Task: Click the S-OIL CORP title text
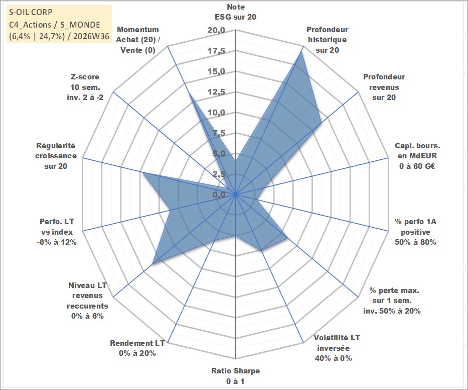tap(31, 12)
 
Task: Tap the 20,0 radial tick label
tap(216, 31)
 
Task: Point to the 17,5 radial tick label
tap(216, 51)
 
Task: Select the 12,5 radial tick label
tap(216, 92)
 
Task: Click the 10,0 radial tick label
tap(216, 113)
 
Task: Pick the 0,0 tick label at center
tap(219, 194)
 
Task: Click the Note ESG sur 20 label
tap(235, 12)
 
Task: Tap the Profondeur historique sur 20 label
tap(328, 40)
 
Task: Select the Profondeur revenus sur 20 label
tap(384, 87)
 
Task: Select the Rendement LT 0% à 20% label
tap(137, 348)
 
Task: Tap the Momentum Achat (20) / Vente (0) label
tap(138, 40)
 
